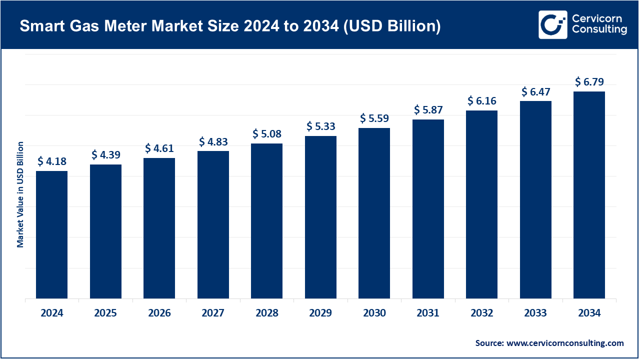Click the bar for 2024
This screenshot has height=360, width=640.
(51, 235)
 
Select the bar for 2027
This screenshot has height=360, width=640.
(213, 225)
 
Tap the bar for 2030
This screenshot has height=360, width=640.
(374, 213)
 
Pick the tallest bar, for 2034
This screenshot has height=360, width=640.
(589, 195)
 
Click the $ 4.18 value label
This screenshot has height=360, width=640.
(52, 161)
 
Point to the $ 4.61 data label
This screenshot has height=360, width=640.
(159, 148)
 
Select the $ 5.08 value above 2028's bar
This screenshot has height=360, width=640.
(267, 134)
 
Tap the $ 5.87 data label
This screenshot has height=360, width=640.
(428, 110)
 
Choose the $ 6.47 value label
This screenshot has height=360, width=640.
(535, 92)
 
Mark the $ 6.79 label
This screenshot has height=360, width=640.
(589, 82)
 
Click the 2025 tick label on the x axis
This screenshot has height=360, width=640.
(105, 313)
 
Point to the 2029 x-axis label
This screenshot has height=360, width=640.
(320, 313)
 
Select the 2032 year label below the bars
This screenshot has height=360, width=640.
(481, 313)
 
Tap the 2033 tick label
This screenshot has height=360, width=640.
(535, 313)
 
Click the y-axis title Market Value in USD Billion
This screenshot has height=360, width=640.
(20, 194)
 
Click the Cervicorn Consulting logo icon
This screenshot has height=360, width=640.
(552, 24)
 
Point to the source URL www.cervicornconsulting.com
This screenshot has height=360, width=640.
(565, 343)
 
